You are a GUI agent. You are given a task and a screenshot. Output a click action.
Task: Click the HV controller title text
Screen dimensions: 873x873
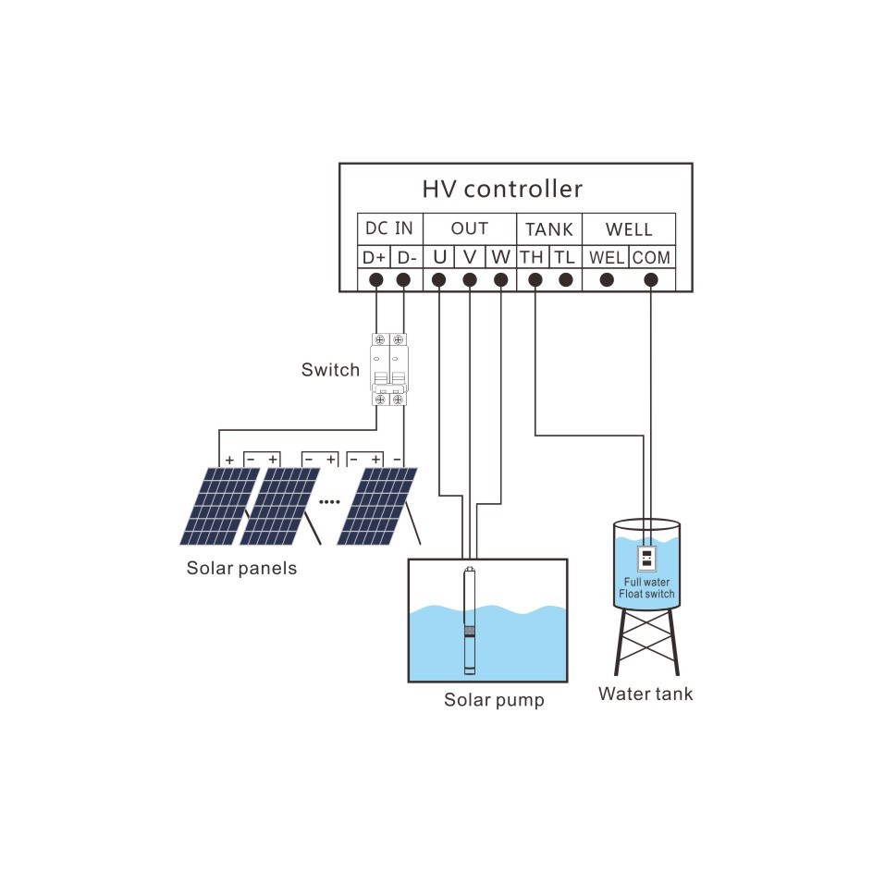(x=502, y=190)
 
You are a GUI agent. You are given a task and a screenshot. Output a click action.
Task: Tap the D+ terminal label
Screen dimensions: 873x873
(x=375, y=257)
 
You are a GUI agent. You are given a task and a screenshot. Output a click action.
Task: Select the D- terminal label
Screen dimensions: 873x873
(x=406, y=257)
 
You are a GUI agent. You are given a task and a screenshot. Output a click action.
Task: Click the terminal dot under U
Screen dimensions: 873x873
(x=439, y=280)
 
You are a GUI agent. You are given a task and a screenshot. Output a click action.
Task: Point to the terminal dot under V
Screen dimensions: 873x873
(x=470, y=280)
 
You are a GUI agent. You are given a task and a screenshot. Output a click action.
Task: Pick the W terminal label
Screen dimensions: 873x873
(x=500, y=256)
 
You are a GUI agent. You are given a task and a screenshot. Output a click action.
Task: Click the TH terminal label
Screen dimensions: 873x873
(x=532, y=257)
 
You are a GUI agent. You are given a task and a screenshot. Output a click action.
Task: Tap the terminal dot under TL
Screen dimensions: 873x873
(x=564, y=280)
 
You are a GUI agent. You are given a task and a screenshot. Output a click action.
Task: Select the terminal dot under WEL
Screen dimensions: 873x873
(x=607, y=280)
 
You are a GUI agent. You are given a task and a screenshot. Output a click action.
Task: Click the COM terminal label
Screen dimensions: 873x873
(x=651, y=257)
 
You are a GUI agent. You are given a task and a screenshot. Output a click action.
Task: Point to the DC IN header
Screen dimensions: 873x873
(x=389, y=228)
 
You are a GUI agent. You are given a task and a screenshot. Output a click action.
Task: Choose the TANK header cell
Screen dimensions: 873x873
(x=549, y=228)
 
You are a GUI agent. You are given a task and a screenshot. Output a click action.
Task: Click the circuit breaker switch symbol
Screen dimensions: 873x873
(x=389, y=369)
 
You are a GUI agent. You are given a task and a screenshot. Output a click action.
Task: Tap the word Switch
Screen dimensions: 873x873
(x=330, y=370)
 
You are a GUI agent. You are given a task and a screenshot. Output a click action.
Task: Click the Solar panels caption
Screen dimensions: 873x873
(x=242, y=568)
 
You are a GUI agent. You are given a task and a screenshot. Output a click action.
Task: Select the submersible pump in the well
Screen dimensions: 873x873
(x=469, y=621)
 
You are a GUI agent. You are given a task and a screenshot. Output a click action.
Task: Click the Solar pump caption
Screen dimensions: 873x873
(x=494, y=699)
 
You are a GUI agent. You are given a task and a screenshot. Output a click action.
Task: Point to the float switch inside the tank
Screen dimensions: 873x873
(x=646, y=559)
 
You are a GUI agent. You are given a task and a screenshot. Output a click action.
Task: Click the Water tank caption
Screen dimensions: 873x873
(x=646, y=694)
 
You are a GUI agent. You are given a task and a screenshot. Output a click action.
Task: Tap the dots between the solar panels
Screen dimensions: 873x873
(x=330, y=500)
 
